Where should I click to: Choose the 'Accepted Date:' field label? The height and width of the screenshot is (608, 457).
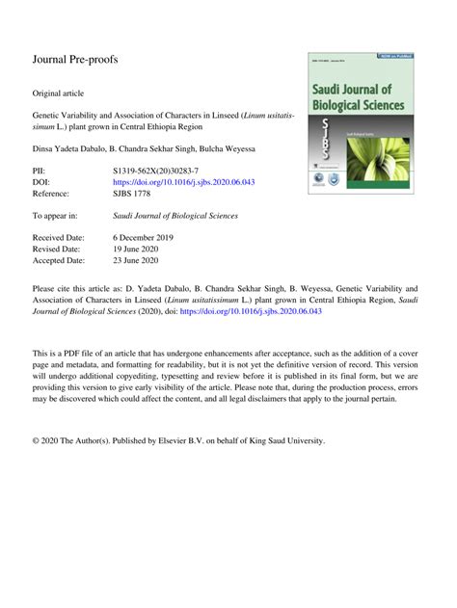pyautogui.click(x=59, y=260)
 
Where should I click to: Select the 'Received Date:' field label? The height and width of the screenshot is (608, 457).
pyautogui.click(x=59, y=236)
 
